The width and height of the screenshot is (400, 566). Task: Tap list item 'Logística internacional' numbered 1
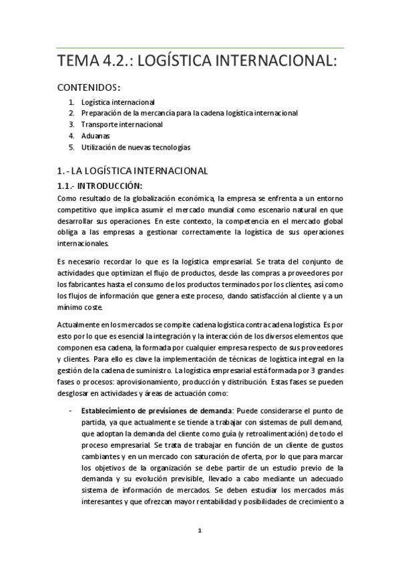tap(118, 103)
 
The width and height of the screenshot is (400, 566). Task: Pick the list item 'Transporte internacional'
tap(122, 124)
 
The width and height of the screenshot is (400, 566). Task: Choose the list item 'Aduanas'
tap(95, 135)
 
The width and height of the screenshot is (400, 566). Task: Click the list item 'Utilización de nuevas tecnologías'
tap(136, 146)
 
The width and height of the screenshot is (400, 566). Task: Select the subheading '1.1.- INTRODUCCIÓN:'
tap(101, 185)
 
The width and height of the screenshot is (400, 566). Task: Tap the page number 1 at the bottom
tap(200, 531)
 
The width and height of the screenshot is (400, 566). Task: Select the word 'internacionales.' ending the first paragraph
tap(82, 244)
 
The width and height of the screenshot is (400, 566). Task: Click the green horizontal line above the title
tap(200, 48)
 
